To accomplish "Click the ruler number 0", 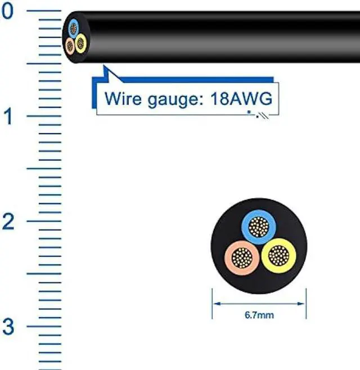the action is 7,12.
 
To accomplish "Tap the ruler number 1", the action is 7,118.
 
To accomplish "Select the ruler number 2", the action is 7,222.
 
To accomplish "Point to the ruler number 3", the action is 7,326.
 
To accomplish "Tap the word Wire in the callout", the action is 121,100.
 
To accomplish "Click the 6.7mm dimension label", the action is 259,315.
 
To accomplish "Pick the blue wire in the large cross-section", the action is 259,227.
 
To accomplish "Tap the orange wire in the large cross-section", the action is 242,258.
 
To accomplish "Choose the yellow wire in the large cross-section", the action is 276,256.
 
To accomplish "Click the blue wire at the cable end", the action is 74,27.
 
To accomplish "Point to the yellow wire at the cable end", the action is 80,41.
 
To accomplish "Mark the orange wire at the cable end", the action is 70,45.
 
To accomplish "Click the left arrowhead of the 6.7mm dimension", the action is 214,304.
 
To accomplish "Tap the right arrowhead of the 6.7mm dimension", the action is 305,304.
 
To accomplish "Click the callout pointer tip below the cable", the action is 105,69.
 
